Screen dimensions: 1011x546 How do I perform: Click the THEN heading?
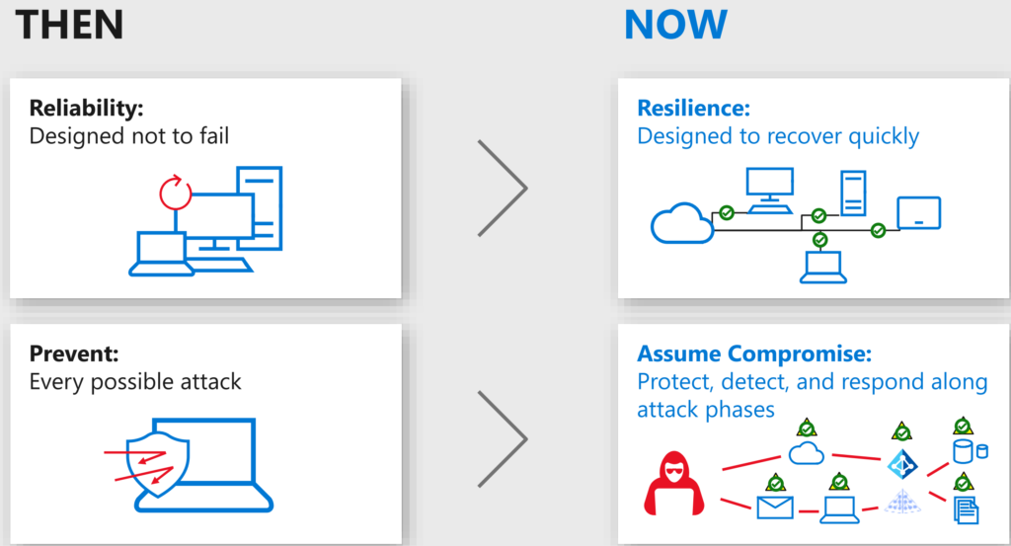coord(69,25)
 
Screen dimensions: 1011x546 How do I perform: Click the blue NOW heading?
coord(675,25)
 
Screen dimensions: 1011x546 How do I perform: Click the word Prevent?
coord(73,353)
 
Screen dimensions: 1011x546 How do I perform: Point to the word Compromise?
coord(804,353)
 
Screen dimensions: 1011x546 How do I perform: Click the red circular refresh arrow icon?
coord(176,193)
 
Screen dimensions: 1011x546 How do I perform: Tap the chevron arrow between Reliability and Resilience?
coord(503,189)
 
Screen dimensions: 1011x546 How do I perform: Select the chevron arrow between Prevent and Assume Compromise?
coord(503,439)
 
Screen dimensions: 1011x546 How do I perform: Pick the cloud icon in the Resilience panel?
coord(681,223)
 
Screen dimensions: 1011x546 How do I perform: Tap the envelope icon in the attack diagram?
coord(775,507)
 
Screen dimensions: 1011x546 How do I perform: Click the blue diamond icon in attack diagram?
coord(902,463)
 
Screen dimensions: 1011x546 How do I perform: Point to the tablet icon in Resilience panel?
coord(919,212)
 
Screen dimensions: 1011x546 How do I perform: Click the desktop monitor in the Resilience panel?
coord(770,191)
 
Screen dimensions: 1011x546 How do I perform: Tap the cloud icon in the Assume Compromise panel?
coord(807,452)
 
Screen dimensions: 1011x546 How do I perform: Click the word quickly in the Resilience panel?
coord(884,137)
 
